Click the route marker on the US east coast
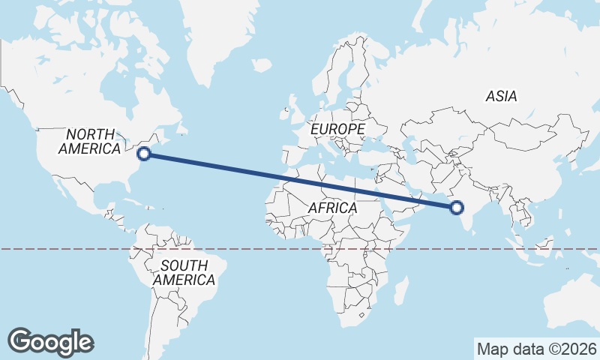(145, 154)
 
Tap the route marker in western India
(455, 208)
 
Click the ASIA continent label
(501, 96)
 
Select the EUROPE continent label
(337, 130)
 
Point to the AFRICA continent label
(332, 208)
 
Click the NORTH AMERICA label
(90, 141)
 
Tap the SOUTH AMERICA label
(184, 272)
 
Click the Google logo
(50, 341)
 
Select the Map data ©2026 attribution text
(537, 349)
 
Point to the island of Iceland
(261, 65)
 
